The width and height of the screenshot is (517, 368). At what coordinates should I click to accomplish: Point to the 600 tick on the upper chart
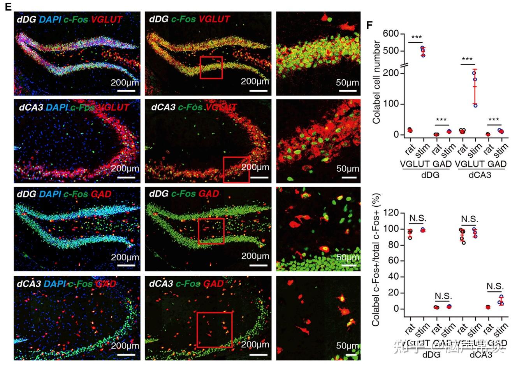pos(391,34)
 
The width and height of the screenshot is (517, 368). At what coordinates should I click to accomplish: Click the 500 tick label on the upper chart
pos(391,51)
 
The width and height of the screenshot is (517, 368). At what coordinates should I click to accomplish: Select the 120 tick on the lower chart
pos(391,213)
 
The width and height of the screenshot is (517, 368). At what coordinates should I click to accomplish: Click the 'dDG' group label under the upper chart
pos(430,175)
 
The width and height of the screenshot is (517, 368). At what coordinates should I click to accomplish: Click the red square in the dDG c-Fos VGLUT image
pos(211,67)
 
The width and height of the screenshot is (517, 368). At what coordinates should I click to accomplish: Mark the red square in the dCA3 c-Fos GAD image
pos(214,330)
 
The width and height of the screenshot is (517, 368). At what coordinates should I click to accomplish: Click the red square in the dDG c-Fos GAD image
pos(211,231)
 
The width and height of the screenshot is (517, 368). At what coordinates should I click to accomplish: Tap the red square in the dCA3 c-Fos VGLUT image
pos(236,169)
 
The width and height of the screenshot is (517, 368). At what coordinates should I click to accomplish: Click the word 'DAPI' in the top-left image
pos(50,19)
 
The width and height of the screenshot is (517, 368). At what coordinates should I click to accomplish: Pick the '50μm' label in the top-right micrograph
pos(347,83)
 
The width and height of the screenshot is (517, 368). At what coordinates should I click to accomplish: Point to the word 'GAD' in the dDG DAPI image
pos(101,194)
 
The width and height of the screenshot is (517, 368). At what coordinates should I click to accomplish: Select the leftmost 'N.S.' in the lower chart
pos(416,218)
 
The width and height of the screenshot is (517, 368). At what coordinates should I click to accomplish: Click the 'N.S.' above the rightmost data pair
pos(495,286)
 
